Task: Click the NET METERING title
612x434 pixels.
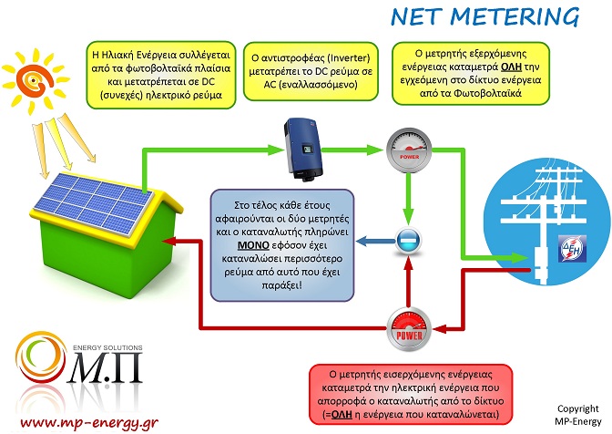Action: click(x=485, y=16)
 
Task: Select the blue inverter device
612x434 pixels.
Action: click(x=303, y=150)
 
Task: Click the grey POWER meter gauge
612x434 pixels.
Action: click(x=409, y=150)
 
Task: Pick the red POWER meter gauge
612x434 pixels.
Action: click(x=409, y=329)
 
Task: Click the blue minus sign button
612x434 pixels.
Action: click(x=408, y=240)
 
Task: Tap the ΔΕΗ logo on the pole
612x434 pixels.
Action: click(x=572, y=248)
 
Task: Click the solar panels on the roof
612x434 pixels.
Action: click(x=94, y=204)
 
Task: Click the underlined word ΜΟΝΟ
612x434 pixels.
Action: click(x=253, y=245)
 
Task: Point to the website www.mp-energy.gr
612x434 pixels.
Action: click(x=89, y=422)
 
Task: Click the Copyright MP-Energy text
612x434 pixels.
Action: click(x=578, y=415)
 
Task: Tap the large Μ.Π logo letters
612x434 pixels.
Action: click(x=105, y=368)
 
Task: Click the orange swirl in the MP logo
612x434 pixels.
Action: click(x=40, y=356)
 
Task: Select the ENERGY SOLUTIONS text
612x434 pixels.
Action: click(x=107, y=347)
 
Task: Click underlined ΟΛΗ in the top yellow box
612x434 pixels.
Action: click(x=511, y=67)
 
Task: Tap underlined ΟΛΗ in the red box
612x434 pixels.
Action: click(x=342, y=414)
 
